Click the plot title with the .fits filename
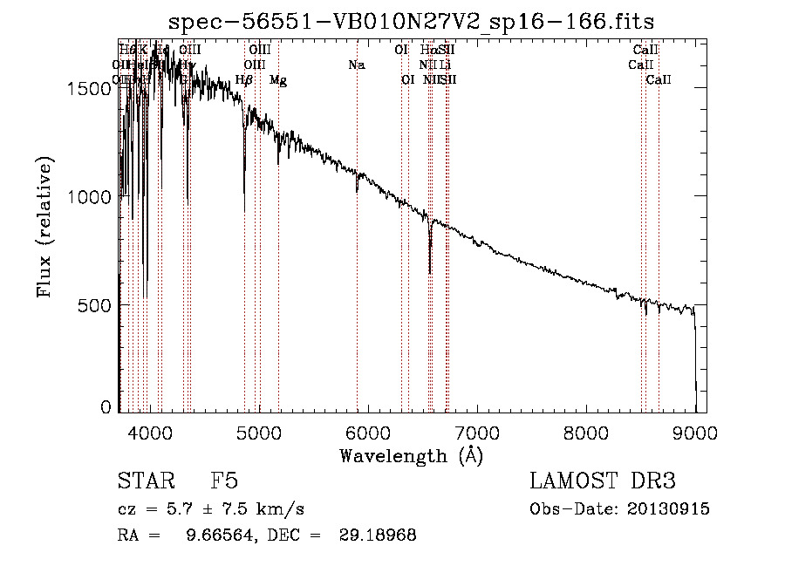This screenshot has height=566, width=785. [412, 20]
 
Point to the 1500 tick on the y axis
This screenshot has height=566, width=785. [92, 88]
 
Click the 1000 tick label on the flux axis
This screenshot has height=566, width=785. [92, 197]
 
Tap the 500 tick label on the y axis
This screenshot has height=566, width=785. [98, 305]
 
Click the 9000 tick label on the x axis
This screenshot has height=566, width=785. [695, 432]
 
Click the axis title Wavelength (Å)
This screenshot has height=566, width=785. [411, 455]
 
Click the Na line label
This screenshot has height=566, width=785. [356, 65]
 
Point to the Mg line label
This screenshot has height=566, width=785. [278, 80]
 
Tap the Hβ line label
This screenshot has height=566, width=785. [244, 80]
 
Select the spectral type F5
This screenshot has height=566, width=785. [224, 481]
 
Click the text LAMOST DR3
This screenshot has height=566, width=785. [603, 481]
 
